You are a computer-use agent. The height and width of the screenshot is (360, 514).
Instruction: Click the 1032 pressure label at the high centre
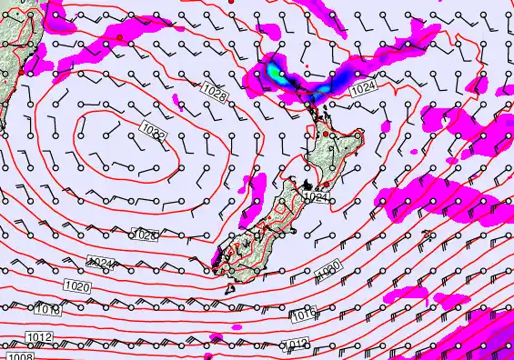click(x=152, y=133)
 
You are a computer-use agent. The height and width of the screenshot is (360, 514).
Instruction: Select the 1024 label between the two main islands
click(x=316, y=196)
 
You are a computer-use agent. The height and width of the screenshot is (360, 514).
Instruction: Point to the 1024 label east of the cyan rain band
click(x=362, y=88)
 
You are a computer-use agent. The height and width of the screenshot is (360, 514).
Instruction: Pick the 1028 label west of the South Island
click(x=145, y=235)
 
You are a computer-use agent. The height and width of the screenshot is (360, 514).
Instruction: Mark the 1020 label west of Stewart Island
click(x=77, y=285)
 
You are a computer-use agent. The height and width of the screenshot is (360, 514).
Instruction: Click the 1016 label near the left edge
click(x=49, y=310)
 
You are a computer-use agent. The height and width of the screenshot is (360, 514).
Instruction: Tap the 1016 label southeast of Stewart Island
click(x=305, y=315)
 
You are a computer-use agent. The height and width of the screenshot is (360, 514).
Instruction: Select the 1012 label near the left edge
click(x=39, y=337)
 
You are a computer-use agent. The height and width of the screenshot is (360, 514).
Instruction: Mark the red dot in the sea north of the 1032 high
click(x=118, y=38)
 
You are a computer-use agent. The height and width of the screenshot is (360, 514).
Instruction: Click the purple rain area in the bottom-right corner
click(x=491, y=341)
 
